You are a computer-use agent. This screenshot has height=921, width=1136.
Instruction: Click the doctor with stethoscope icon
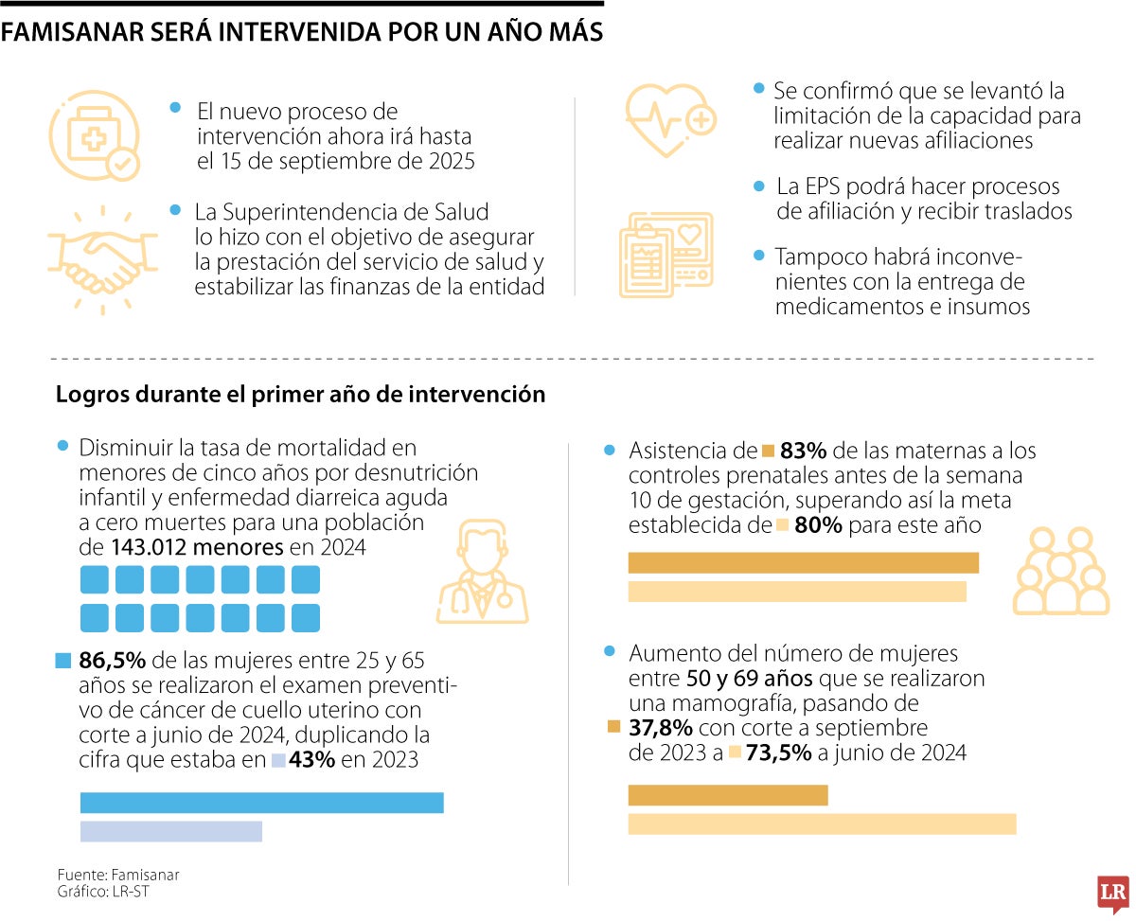(x=482, y=574)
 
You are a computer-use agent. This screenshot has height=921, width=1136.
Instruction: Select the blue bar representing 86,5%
(x=261, y=803)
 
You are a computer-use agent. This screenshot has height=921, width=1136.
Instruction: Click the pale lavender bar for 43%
(x=170, y=831)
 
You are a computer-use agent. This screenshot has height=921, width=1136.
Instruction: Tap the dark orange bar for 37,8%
(x=728, y=795)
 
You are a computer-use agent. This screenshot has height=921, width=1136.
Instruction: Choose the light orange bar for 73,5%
(x=822, y=824)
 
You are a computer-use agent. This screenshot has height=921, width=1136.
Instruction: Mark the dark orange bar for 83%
(x=803, y=563)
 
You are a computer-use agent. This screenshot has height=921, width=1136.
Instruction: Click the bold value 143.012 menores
(x=197, y=547)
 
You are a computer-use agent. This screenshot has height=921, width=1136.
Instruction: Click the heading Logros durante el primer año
(x=301, y=395)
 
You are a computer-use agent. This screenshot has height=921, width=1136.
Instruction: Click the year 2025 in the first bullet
(x=450, y=161)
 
